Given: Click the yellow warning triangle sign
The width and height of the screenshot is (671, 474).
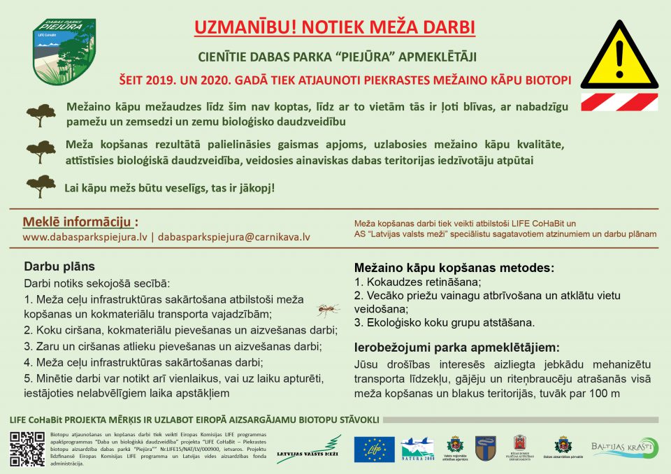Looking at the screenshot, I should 619,57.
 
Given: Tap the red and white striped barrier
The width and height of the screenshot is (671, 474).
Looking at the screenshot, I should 619,101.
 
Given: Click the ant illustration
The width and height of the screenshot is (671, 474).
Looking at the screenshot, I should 328,308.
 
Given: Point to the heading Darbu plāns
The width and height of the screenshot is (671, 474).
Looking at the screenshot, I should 59,266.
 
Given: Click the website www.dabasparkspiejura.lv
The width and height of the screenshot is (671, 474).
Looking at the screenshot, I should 85,237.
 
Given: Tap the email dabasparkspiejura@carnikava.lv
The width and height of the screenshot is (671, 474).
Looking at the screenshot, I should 233,237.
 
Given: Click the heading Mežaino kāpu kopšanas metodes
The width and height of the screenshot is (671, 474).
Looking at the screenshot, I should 454,268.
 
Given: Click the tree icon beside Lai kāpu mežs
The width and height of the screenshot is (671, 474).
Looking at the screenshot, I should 41,187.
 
